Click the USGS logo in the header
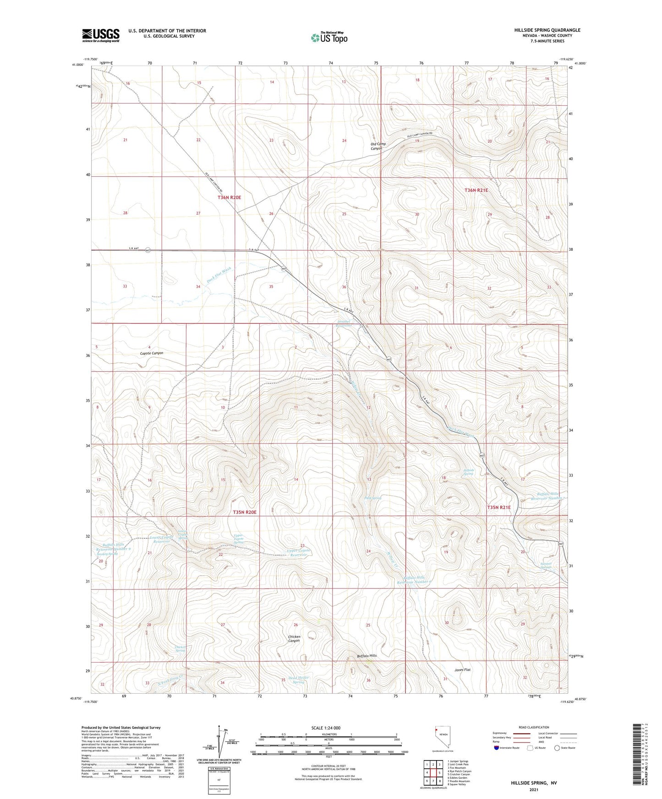101,35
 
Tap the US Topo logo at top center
329,38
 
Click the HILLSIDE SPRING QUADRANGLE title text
547,30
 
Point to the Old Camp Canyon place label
378,146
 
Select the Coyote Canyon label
151,353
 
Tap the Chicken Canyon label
294,638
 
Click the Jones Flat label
462,669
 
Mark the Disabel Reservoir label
344,324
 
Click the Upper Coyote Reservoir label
299,552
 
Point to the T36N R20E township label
229,197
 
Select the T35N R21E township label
498,507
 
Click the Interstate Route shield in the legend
497,748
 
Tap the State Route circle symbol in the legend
557,748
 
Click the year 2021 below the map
534,790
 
